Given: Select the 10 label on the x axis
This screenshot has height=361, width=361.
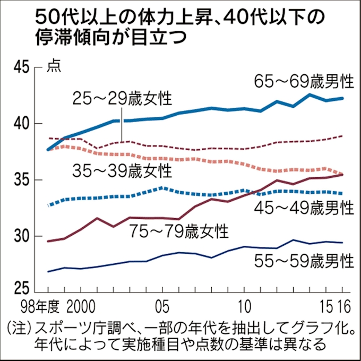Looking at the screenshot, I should click(244, 308).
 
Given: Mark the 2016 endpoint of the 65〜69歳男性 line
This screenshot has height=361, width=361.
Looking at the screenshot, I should click(342, 98).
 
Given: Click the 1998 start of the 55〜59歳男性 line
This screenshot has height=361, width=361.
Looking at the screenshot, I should click(48, 271).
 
